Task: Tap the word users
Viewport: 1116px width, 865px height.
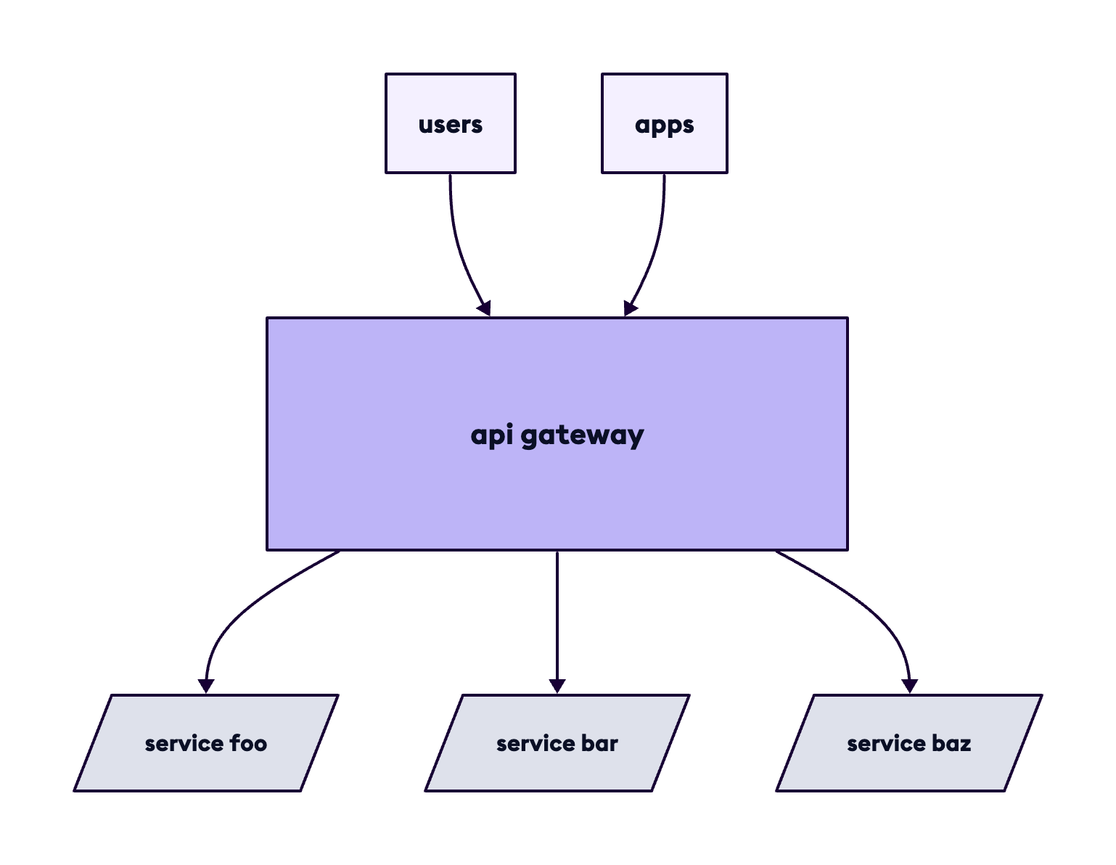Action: pos(450,125)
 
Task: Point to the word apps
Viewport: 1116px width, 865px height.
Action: pos(664,125)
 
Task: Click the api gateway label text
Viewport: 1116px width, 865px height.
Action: pos(557,435)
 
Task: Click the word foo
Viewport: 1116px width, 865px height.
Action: pos(248,744)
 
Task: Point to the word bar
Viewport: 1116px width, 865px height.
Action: pos(599,744)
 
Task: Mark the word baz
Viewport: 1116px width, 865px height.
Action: pos(951,744)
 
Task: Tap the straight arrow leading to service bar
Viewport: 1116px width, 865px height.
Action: pos(557,617)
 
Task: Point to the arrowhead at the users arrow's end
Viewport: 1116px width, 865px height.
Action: pos(484,308)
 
